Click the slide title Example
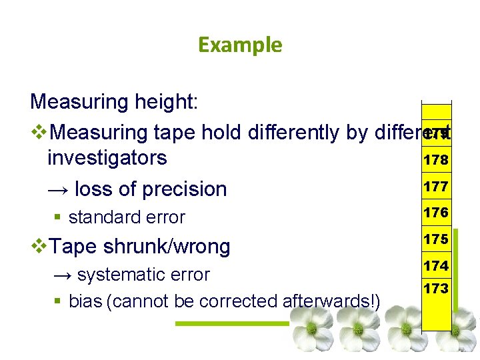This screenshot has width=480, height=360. tap(240, 45)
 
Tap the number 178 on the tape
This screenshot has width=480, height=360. tap(435, 160)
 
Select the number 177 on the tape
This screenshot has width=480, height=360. tap(435, 187)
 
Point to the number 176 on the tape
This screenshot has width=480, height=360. tap(435, 213)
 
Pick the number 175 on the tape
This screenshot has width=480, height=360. tap(435, 239)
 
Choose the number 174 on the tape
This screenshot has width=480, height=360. tap(435, 266)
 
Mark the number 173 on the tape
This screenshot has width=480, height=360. tap(435, 289)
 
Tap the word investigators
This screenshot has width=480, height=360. tap(107, 158)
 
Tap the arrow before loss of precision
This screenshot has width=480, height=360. tap(58, 189)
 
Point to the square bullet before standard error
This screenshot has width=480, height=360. tap(59, 217)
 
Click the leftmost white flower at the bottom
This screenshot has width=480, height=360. tap(310, 328)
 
